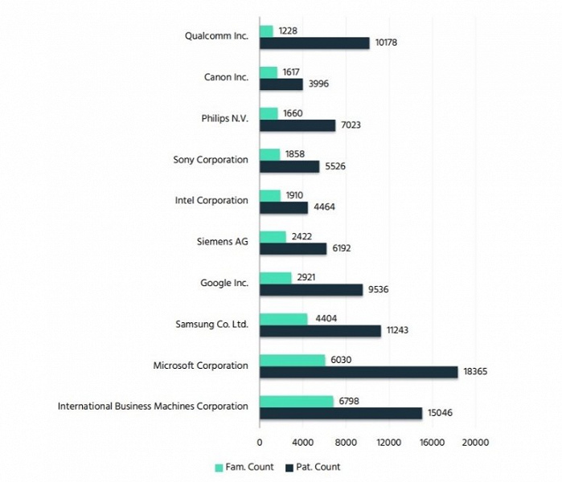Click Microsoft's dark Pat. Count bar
pos(359,372)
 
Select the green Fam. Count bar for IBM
pos(296,401)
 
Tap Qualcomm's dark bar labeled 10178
pos(314,43)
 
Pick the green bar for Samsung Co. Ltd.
pos(283,319)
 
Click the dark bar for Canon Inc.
pos(281,84)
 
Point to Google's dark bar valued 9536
pos(311,290)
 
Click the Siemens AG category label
pos(222,241)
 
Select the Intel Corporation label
pos(211,200)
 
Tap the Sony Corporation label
pos(211,159)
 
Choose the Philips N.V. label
pos(224,118)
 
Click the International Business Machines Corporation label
pos(153,406)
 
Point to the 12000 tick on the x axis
pos(388,442)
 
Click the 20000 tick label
pos(474,442)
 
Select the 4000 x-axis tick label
pos(302,442)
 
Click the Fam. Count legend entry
pos(244,467)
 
